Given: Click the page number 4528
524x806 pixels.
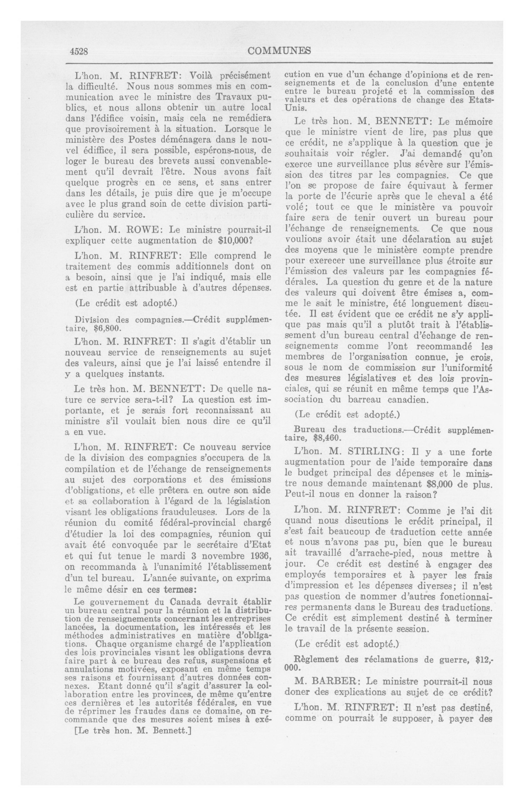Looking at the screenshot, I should tap(79, 51).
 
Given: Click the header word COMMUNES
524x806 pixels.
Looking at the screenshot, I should tap(279, 51).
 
